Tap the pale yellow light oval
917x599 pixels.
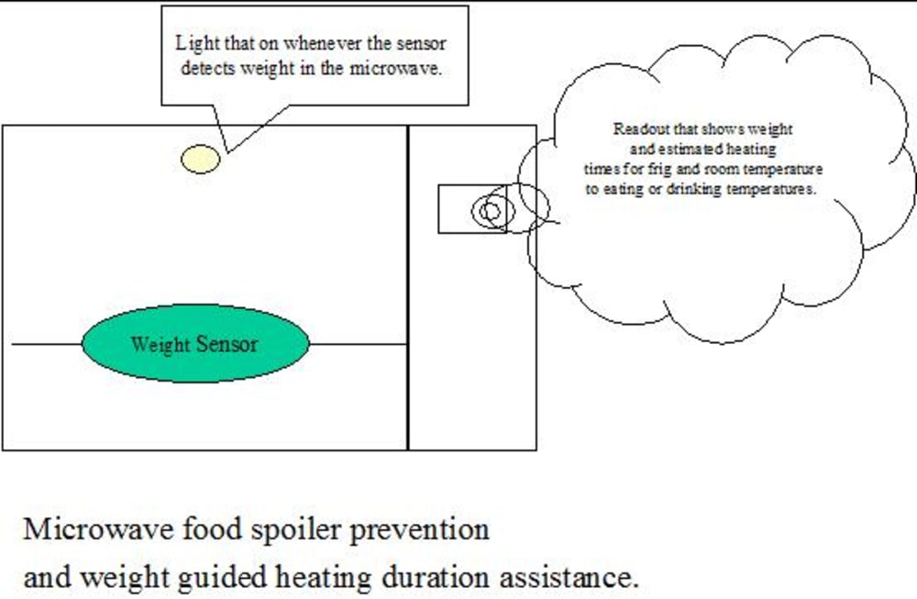(201, 160)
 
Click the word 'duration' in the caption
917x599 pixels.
(436, 579)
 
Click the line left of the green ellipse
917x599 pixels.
(46, 345)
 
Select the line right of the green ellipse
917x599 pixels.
(358, 345)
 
